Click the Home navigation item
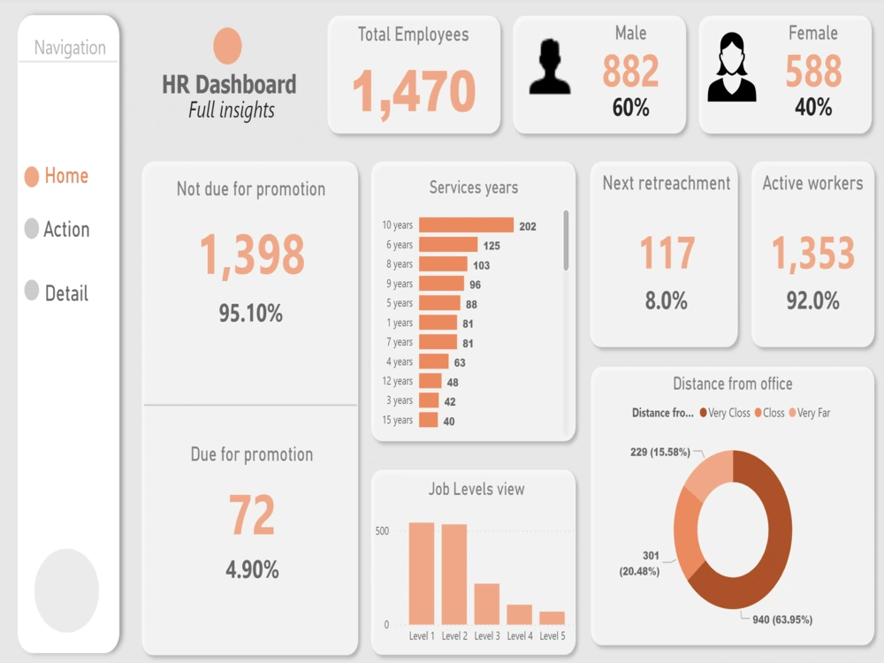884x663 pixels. coord(57,176)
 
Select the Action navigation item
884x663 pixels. coord(57,229)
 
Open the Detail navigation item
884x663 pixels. coord(57,293)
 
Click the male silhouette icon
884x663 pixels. coord(550,67)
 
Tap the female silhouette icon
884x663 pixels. coord(732,67)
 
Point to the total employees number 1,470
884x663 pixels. coord(414,91)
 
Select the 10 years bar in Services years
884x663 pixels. coord(466,225)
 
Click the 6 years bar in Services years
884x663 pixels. coord(448,245)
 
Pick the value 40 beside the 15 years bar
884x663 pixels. coord(449,422)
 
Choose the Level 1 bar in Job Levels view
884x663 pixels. coord(422,573)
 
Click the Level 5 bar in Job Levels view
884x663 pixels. coord(552,617)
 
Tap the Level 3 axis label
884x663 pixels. coord(487,636)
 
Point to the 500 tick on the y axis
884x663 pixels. coord(382,531)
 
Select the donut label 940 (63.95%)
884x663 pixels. coord(782,619)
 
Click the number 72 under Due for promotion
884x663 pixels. coord(252,515)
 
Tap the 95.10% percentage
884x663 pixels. coord(251,312)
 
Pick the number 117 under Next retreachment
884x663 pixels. coord(667,254)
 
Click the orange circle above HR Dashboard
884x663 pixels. coord(227,46)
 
